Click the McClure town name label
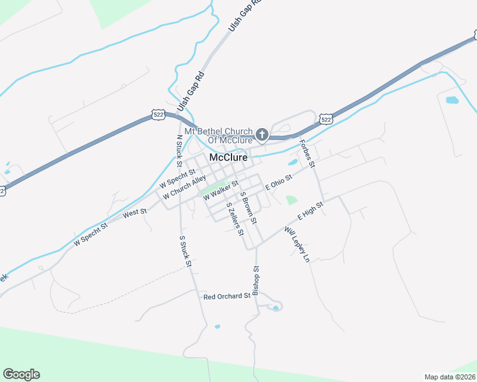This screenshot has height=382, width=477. [228, 157]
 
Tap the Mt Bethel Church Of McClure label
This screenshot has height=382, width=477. [219, 136]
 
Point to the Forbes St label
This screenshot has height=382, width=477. [308, 153]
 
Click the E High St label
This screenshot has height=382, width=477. [311, 211]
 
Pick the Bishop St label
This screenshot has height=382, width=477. [256, 281]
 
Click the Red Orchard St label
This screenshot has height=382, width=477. [226, 297]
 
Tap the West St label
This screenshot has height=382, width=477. [135, 212]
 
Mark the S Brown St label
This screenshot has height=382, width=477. [248, 208]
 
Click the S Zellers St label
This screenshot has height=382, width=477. [235, 218]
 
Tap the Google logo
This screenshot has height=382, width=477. [21, 374]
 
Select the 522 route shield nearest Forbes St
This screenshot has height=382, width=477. [326, 119]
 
